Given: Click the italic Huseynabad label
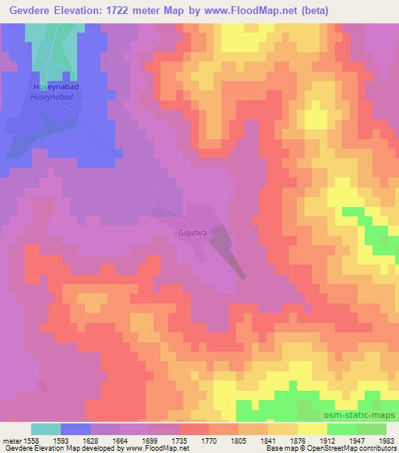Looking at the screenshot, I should pyautogui.click(x=51, y=97).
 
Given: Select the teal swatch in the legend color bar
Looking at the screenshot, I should pyautogui.click(x=46, y=429).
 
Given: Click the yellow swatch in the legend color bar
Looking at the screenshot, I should pyautogui.click(x=312, y=429).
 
